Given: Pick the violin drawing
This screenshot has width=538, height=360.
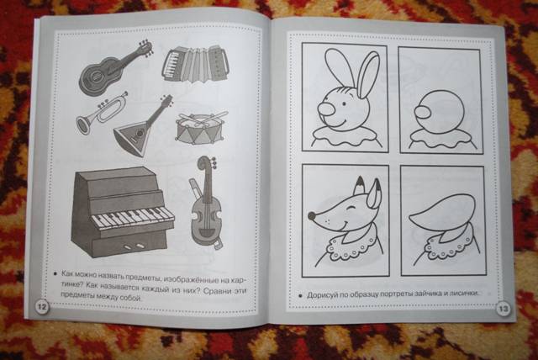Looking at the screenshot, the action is (205, 204).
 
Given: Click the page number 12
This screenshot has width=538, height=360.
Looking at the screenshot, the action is (42, 306).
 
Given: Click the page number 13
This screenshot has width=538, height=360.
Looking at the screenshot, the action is (503, 309).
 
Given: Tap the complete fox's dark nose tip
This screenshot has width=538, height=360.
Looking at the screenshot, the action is (312, 216).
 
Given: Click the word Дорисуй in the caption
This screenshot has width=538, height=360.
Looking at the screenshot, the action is (322, 295).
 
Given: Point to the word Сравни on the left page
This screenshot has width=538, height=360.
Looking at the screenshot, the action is (215, 291).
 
